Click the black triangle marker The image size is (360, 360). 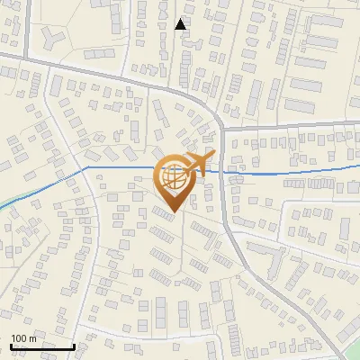[181, 24]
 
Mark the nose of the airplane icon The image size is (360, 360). [212, 156]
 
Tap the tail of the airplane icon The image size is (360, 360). [184, 173]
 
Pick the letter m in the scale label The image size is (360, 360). [32, 338]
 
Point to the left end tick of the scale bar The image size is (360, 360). [11, 345]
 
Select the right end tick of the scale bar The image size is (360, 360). [74, 345]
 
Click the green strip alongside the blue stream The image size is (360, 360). [7, 202]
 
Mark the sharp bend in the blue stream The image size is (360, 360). [86, 167]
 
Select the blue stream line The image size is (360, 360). [288, 171]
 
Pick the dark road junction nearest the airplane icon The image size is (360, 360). [222, 129]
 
